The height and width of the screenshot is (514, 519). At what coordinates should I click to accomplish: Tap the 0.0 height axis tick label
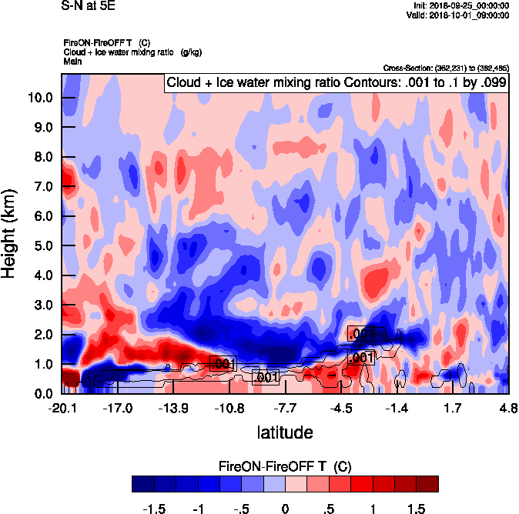click(x=42, y=393)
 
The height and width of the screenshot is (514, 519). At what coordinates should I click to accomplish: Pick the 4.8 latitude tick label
click(x=507, y=409)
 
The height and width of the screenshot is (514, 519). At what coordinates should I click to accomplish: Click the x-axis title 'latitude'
click(x=284, y=432)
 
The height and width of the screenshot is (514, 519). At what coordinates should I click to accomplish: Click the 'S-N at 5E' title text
click(x=85, y=6)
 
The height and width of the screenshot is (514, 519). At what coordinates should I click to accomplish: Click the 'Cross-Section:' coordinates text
click(x=445, y=68)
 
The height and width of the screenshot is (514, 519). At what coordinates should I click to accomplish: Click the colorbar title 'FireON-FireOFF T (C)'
click(x=285, y=466)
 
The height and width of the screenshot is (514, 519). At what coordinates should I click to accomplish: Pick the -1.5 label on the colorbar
click(x=156, y=509)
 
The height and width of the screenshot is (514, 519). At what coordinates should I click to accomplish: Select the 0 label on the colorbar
click(x=285, y=509)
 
